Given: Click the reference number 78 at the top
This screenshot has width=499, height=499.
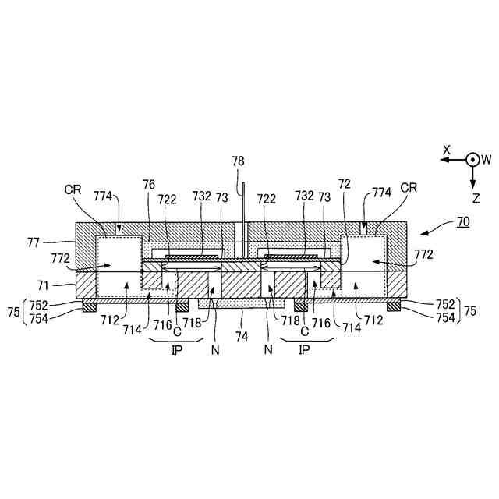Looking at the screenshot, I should [238, 161].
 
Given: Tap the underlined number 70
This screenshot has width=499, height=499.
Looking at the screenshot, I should [462, 221].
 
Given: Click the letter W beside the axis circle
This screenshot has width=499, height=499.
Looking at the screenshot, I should [486, 159].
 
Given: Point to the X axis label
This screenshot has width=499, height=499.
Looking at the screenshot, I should [447, 148].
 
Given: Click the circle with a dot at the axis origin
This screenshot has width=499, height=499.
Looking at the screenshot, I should [472, 159].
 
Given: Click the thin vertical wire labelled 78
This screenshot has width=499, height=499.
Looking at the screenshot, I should [244, 218].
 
